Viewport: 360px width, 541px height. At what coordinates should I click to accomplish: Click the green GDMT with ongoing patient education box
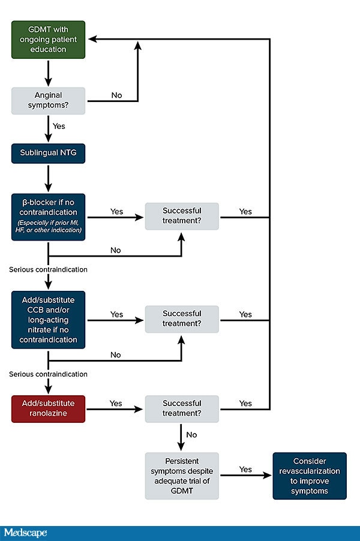click(x=48, y=40)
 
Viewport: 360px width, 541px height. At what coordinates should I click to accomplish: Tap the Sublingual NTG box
click(x=48, y=153)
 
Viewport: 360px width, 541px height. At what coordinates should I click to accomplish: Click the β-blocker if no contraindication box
click(x=48, y=217)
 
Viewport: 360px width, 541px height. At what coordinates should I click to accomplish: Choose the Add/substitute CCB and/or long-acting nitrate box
click(x=48, y=320)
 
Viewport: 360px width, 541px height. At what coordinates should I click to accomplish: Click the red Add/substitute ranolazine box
click(x=48, y=408)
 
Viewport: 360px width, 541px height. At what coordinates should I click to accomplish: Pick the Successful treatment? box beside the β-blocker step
click(x=181, y=217)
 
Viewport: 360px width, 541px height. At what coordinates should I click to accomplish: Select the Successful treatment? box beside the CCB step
click(x=181, y=318)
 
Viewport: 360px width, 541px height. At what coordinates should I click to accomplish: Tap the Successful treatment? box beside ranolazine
click(x=181, y=408)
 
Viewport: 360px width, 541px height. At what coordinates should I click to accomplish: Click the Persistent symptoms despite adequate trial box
click(x=181, y=476)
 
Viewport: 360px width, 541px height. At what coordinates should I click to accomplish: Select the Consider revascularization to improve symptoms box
click(x=310, y=476)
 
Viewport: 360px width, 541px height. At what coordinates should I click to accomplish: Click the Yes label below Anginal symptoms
click(x=59, y=127)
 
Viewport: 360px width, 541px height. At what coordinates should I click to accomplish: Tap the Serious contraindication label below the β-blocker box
click(x=49, y=269)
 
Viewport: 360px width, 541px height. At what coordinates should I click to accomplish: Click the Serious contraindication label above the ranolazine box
click(x=49, y=374)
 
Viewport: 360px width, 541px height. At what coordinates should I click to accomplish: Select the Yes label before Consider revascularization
click(x=245, y=469)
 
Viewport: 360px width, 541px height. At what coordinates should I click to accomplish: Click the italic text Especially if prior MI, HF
click(x=48, y=226)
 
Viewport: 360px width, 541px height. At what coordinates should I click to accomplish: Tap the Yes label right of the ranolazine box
click(x=116, y=403)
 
